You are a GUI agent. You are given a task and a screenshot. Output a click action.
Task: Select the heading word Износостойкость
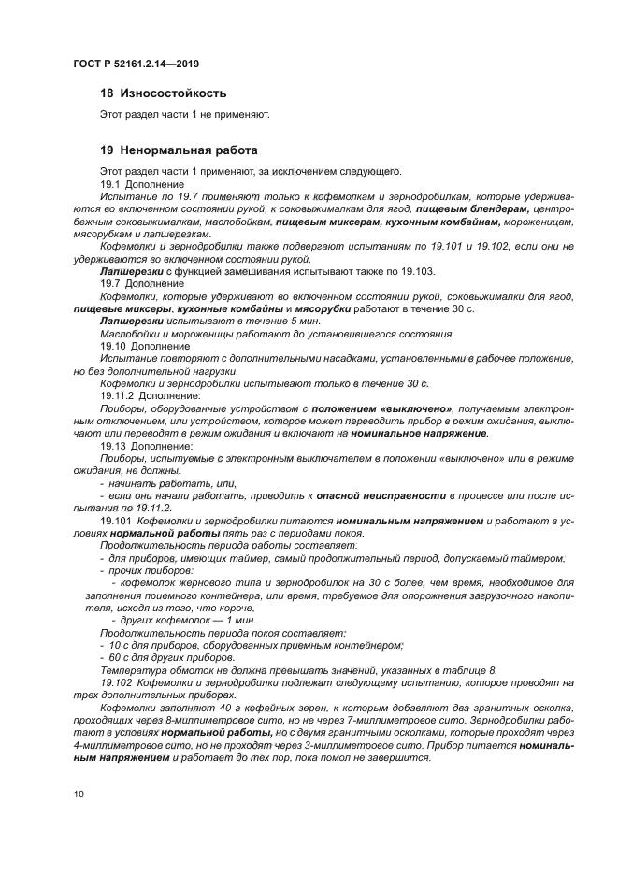(172, 93)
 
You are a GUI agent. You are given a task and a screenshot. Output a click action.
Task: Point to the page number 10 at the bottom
(79, 794)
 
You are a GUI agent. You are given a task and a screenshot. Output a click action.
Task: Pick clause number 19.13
(114, 446)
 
